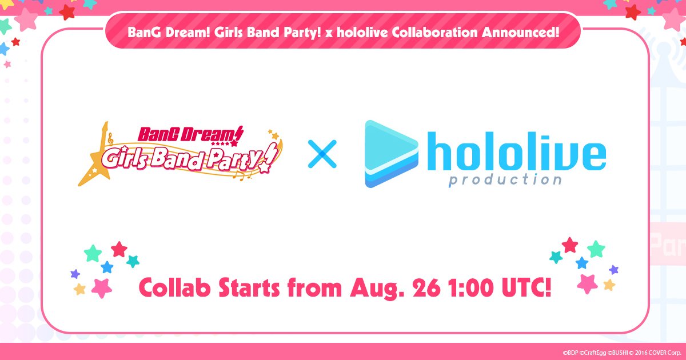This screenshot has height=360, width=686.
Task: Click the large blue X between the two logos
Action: point(322,154)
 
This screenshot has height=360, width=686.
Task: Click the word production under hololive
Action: point(505,181)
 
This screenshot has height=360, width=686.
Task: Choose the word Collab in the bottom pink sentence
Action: point(166,289)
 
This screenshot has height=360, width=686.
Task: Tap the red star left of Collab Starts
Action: point(119,249)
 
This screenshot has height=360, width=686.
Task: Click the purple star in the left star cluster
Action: point(75,274)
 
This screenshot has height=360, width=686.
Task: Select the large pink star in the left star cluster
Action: point(101,287)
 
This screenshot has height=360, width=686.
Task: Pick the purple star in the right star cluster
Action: point(613,269)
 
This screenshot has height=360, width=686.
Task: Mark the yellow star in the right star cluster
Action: point(609,285)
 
